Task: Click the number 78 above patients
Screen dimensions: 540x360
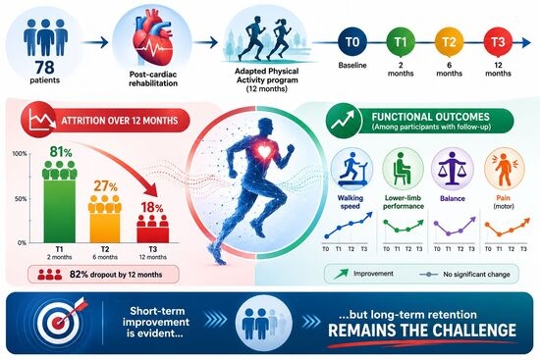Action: [44, 67]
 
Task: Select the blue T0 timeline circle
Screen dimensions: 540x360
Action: [351, 42]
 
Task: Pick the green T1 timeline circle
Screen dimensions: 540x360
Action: [401, 42]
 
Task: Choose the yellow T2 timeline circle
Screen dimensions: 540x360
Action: [449, 42]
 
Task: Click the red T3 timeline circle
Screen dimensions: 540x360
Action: [498, 42]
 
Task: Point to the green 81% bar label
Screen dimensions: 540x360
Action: [61, 151]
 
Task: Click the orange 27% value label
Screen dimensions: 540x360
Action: [105, 186]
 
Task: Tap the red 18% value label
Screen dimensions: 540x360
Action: [152, 208]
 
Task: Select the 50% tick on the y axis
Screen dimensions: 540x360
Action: [21, 199]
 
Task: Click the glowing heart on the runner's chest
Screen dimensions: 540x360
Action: [264, 151]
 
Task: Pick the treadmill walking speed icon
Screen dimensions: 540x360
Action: [351, 169]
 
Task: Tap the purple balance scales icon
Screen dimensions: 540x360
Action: [453, 169]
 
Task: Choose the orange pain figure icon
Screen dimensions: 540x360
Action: [504, 169]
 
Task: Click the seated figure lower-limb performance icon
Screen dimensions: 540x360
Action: [403, 169]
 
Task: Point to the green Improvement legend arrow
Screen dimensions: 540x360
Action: [341, 274]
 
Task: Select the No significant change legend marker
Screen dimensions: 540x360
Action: [429, 275]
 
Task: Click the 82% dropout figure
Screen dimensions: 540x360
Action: [79, 275]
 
